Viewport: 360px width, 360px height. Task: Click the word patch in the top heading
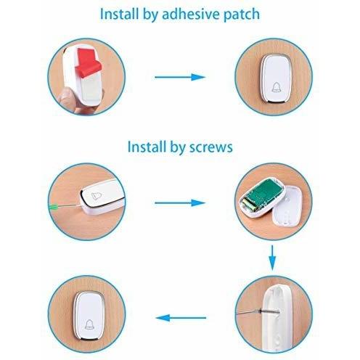[242, 15]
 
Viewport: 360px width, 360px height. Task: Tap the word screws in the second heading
[211, 147]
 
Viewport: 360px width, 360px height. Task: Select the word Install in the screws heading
[147, 147]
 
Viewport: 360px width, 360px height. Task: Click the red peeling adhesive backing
[87, 62]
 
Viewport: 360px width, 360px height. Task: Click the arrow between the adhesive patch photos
[180, 77]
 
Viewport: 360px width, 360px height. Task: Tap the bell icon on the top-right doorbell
[276, 87]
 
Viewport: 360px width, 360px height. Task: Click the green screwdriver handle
[53, 207]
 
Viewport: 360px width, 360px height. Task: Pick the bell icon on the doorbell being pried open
[97, 195]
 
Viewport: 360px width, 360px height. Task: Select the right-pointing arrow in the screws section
[180, 202]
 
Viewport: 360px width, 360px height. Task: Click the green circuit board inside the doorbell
[265, 192]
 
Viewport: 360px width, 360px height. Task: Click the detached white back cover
[288, 206]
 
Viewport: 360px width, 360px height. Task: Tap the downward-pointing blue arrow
[272, 258]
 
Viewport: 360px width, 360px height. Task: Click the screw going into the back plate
[269, 311]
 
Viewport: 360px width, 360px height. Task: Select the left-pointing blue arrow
[181, 318]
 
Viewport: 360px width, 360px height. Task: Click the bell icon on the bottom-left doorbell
[89, 324]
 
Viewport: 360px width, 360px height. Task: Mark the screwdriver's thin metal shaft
[70, 205]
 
